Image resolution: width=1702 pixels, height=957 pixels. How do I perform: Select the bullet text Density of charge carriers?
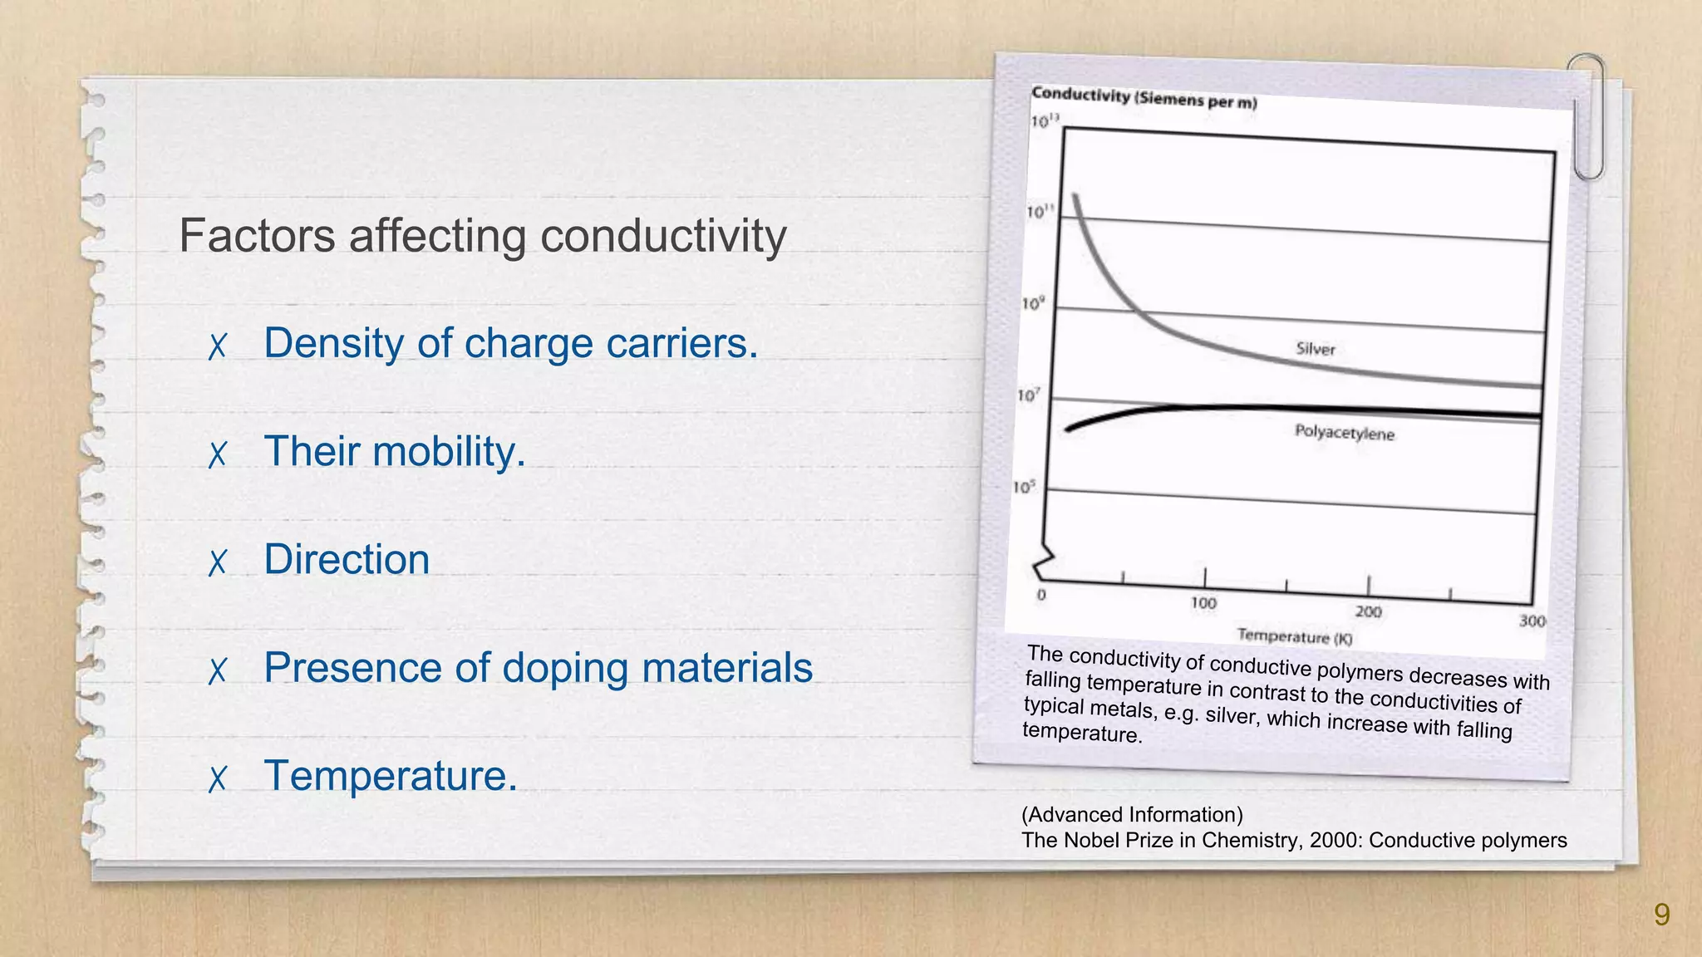(510, 343)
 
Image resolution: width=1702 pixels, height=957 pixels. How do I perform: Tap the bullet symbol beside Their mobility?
(218, 454)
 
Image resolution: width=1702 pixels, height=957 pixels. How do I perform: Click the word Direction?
(347, 559)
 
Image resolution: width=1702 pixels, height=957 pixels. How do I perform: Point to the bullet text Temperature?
(391, 775)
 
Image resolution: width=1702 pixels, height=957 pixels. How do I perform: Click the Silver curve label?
(1316, 349)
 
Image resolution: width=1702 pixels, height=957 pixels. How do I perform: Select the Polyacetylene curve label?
(1344, 433)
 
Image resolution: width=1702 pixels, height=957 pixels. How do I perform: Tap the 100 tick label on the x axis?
(1203, 603)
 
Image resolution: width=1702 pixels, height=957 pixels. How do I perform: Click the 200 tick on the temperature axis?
(1368, 612)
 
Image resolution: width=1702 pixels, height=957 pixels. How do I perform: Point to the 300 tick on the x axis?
(1532, 621)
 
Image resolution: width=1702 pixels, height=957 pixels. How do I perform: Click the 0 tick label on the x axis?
(1041, 595)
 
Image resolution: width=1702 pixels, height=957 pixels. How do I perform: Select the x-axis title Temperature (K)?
(1294, 637)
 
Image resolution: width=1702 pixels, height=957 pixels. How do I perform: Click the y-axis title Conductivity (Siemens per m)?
(1144, 98)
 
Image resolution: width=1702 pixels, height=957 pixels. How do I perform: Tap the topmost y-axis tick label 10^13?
(1045, 121)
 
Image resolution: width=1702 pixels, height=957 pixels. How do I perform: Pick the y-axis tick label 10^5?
(1024, 487)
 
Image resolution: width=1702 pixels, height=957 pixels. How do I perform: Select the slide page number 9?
(1661, 915)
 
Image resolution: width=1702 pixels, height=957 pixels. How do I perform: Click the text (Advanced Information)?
(1132, 815)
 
